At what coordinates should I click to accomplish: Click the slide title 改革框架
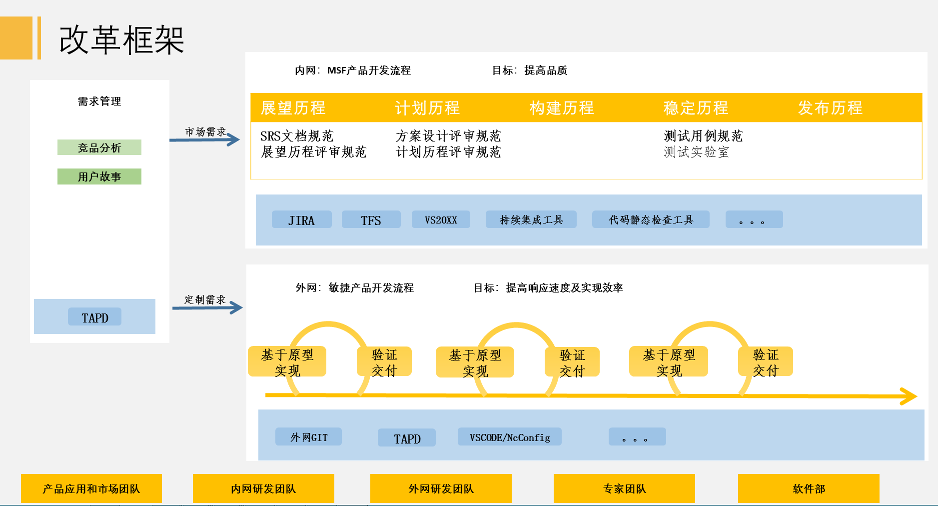click(121, 40)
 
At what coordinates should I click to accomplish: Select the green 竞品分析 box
click(99, 147)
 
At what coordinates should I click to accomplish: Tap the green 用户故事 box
click(99, 176)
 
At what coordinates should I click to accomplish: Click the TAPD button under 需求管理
click(94, 317)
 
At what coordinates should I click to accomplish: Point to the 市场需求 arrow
click(205, 139)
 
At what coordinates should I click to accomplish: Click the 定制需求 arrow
click(207, 307)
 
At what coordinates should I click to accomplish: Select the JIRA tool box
click(301, 219)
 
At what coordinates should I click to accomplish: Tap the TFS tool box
click(371, 219)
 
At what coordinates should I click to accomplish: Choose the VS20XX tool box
click(441, 219)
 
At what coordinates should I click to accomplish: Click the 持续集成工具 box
click(531, 219)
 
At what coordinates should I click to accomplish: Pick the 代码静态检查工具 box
click(651, 219)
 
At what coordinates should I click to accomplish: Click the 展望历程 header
click(293, 108)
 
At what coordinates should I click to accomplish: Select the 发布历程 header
click(830, 108)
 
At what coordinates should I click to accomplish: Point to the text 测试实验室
click(696, 152)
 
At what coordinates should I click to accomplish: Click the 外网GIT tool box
click(308, 437)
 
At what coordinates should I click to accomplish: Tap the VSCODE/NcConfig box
click(509, 437)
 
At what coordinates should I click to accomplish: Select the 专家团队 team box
click(624, 488)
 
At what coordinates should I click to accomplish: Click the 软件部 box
click(809, 488)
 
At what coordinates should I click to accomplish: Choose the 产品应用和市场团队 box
click(91, 488)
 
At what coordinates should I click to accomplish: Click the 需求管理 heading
click(99, 101)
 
